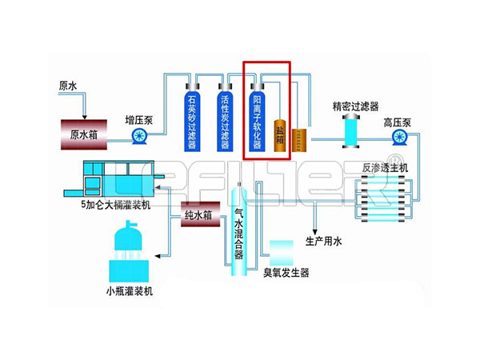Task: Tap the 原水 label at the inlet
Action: pos(68,85)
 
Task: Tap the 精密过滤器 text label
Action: pos(355,106)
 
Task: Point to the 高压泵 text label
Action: pos(397,122)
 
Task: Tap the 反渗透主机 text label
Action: pos(386,167)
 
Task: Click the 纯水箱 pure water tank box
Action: pos(198,215)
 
